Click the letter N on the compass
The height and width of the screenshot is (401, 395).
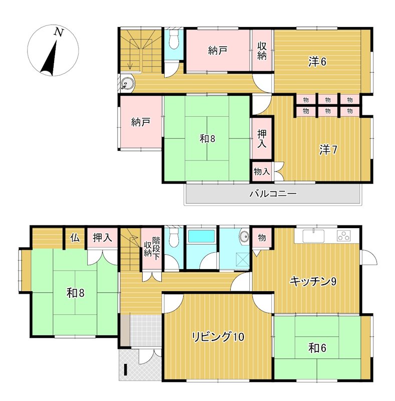coord(59,32)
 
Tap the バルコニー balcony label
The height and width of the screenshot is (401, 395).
coord(273,193)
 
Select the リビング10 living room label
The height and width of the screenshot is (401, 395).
coord(218,337)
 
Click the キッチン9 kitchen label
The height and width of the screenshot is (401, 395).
coord(313,282)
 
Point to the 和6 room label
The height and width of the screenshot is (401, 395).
coord(317,348)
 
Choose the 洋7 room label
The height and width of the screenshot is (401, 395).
coord(328,150)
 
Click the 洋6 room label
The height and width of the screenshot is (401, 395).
coord(317,62)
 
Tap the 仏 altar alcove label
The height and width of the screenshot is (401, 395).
coord(75,238)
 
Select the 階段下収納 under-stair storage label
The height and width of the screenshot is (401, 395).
coord(152,249)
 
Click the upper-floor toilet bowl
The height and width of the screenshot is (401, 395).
coord(174,41)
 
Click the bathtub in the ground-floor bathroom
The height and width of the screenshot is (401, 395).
coord(201,237)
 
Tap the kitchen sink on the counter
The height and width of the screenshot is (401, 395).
coord(313,236)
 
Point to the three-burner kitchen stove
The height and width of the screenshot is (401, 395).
coord(344,236)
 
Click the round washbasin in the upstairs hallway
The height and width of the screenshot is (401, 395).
coord(126,83)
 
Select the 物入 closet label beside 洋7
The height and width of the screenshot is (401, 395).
coord(262,171)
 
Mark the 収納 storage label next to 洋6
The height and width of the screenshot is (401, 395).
coord(262,51)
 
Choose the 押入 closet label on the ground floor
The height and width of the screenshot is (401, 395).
coord(103,238)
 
